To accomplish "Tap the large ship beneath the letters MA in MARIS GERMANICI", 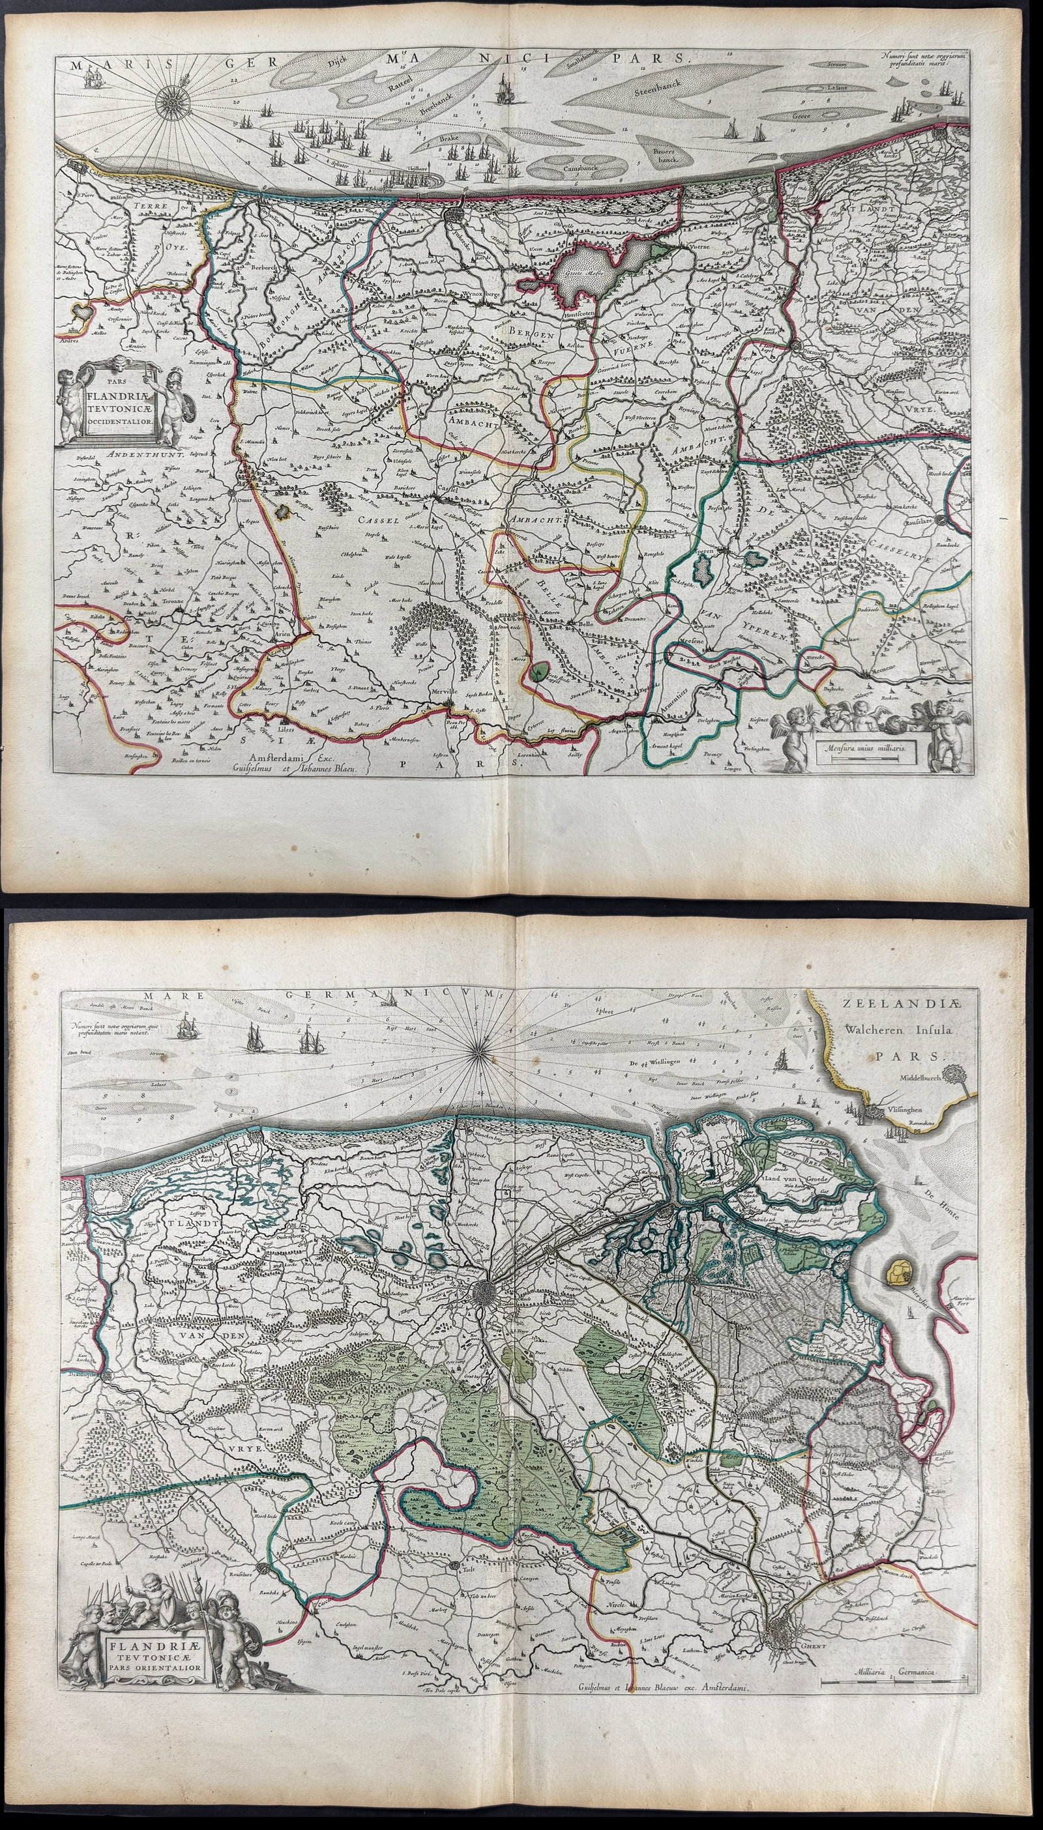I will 501,89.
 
